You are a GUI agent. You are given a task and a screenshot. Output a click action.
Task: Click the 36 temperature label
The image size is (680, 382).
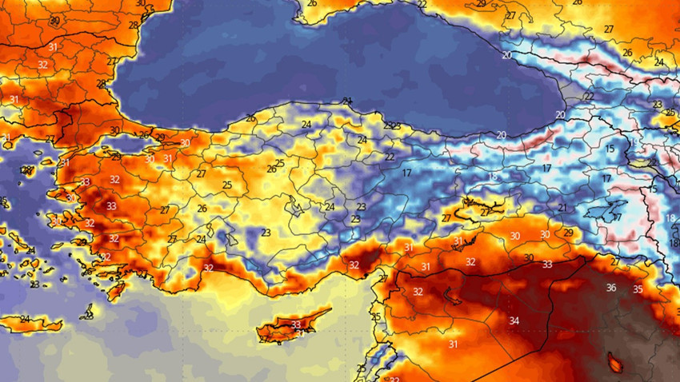pos(611,288)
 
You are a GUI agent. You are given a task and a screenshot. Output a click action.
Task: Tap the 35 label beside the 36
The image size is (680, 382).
pos(638,289)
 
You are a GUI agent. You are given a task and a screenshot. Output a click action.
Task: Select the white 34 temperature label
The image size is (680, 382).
pos(514,321)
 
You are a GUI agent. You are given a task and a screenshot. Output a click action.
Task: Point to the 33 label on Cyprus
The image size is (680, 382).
pos(296,325)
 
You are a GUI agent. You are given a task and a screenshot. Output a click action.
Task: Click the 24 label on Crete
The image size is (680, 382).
pos(25,320)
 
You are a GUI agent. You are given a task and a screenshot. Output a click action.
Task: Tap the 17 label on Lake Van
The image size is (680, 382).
pos(616,217)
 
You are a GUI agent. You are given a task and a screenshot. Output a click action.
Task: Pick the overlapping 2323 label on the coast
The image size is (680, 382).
pos(392,126)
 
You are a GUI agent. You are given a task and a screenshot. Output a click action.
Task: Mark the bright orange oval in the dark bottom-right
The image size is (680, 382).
pos(616,364)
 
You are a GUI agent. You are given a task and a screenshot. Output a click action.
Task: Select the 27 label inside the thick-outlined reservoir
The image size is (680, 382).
pos(484,213)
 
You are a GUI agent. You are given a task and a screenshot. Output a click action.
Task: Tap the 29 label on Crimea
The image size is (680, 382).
pos(481,4)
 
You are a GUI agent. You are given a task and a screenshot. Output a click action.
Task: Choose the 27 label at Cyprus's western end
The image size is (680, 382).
pos(263,339)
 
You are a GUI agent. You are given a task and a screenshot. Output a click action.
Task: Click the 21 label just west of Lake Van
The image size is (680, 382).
pos(562,208)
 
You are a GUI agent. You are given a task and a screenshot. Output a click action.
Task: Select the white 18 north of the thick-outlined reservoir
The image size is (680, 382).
pos(493,177)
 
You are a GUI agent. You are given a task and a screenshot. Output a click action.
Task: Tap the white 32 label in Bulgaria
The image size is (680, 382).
pos(42,64)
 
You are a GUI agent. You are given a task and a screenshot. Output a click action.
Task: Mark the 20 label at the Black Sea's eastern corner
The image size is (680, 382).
pos(560,115)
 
